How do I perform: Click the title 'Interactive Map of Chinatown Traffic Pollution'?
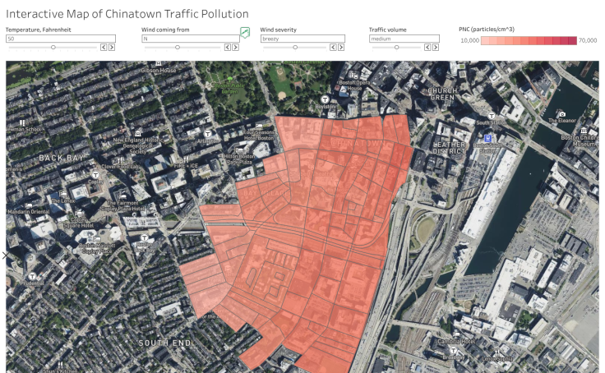(127, 15)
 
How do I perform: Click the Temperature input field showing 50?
(49, 39)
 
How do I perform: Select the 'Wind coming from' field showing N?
(189, 39)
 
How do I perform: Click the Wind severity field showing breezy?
(302, 39)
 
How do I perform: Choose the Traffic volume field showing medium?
(409, 39)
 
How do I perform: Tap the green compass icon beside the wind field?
(244, 33)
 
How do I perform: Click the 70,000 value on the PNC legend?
(587, 39)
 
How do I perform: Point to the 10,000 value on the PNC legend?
(469, 39)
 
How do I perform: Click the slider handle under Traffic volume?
(396, 48)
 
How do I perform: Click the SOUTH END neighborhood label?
(164, 343)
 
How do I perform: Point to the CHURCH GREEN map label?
(441, 94)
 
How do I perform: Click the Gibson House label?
(159, 71)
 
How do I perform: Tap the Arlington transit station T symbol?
(209, 133)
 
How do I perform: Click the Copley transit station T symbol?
(96, 174)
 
